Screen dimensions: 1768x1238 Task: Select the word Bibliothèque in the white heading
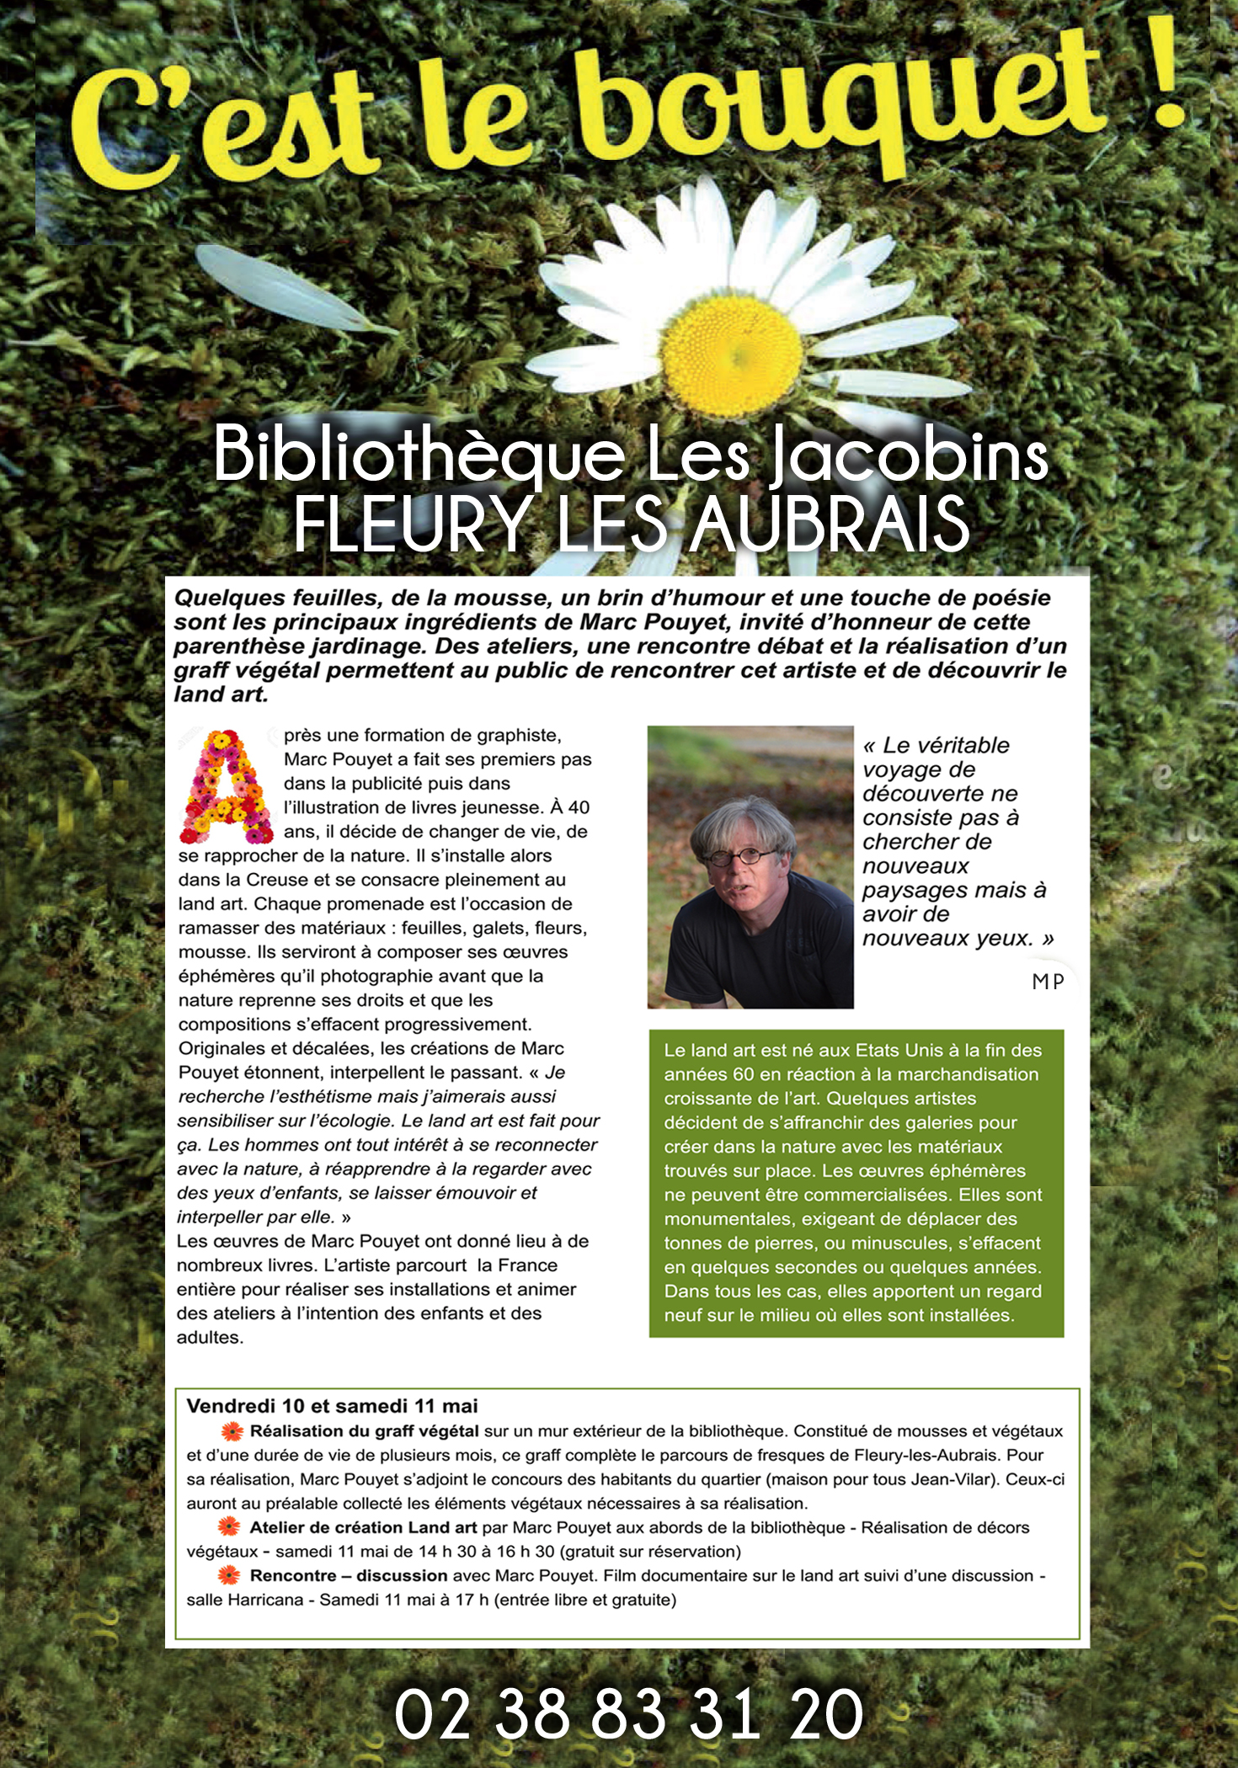(x=418, y=455)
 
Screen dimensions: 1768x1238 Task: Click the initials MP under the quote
(x=1048, y=982)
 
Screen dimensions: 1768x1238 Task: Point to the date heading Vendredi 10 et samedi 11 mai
(x=332, y=1406)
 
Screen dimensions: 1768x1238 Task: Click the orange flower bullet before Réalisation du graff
(x=232, y=1431)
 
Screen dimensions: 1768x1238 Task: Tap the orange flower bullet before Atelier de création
(x=228, y=1527)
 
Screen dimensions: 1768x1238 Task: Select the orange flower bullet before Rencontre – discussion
(x=228, y=1575)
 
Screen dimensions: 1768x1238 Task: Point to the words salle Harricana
(x=244, y=1600)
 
